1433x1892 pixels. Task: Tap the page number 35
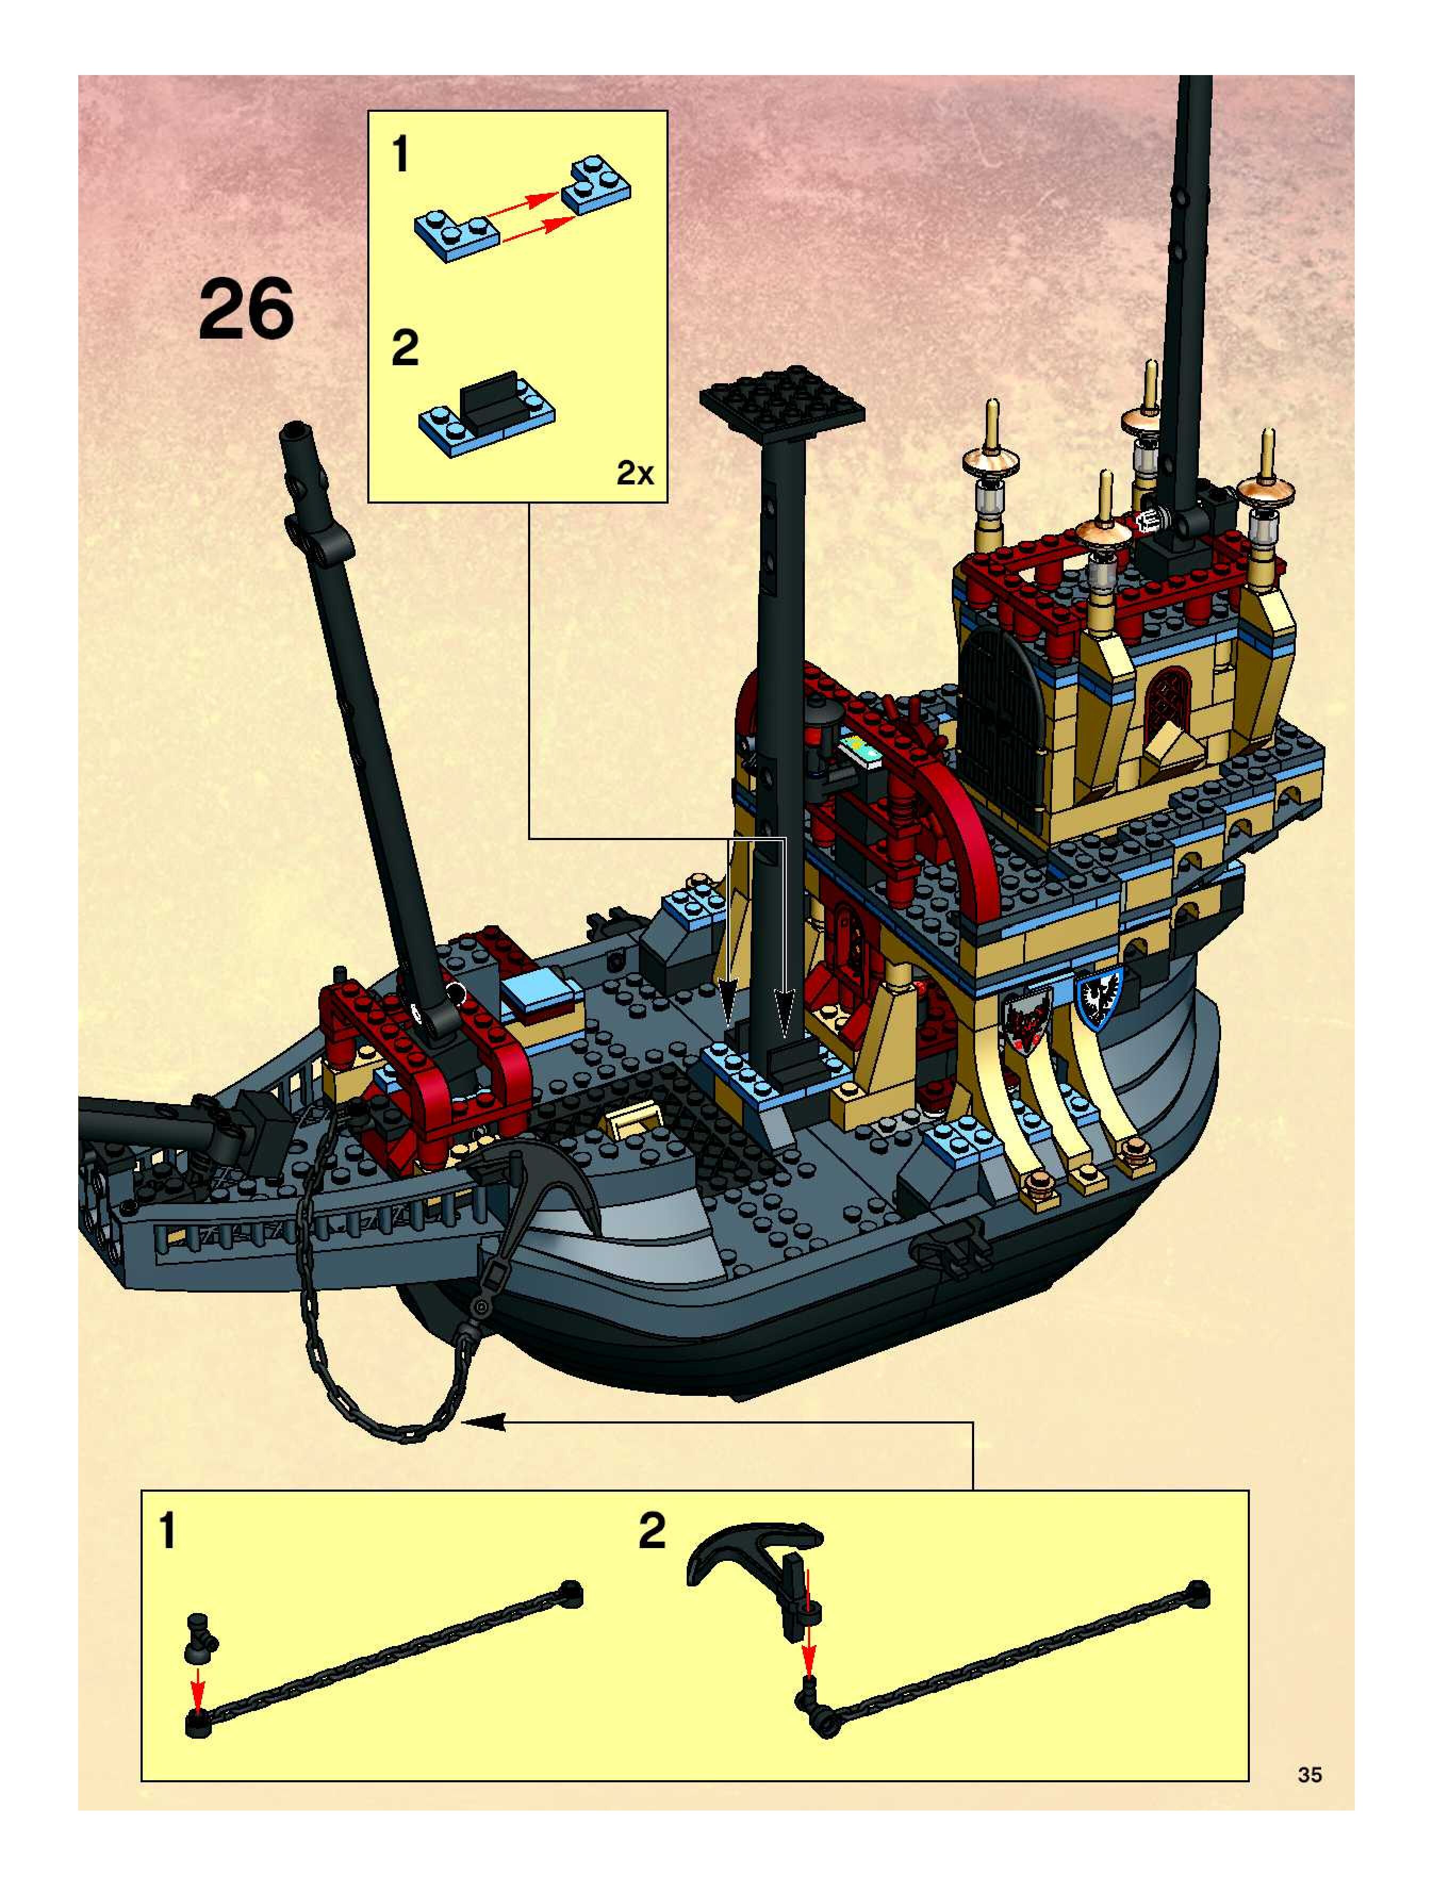pos(1309,1775)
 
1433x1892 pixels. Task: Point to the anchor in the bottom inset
pos(753,1559)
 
